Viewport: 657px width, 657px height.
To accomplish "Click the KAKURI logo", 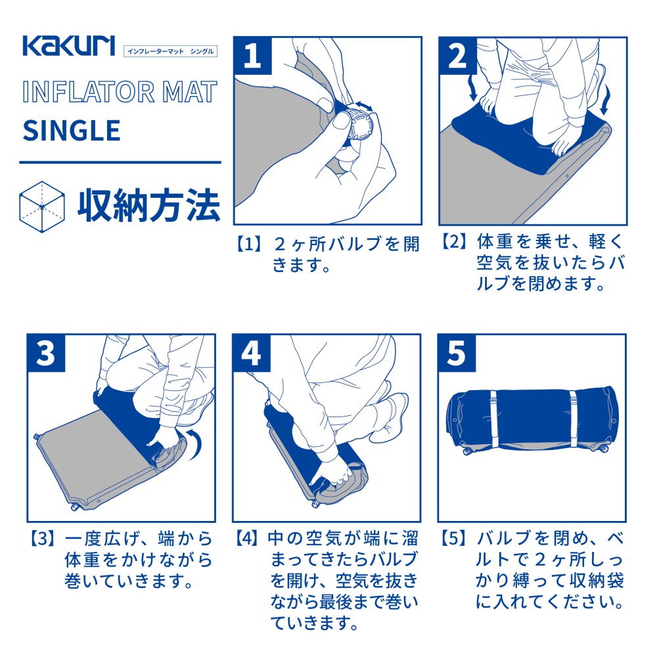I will (69, 46).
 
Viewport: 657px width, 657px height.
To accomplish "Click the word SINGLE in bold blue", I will (72, 130).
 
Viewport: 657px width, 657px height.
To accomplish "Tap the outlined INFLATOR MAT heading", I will (119, 91).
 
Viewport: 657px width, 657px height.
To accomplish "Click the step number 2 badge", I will (457, 55).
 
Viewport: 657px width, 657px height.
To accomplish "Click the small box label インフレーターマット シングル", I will (170, 51).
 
